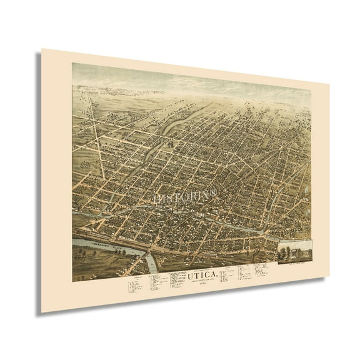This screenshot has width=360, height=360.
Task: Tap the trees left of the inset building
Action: click(x=284, y=250)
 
